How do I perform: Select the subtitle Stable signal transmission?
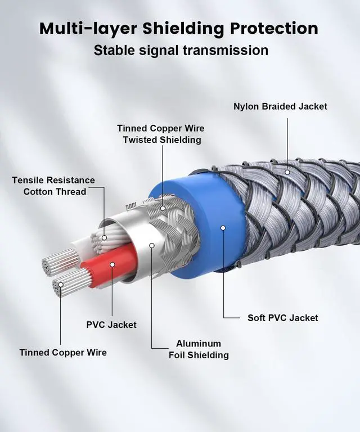(181, 50)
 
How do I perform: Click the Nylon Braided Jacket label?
(280, 106)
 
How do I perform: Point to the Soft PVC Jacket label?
(283, 318)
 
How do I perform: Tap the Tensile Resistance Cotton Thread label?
(54, 186)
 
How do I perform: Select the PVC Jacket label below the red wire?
(111, 325)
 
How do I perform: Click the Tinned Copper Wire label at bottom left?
(63, 352)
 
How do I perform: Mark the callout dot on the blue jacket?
(223, 228)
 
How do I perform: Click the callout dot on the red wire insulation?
(111, 264)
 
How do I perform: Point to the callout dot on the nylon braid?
(287, 172)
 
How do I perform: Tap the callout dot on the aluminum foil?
(151, 245)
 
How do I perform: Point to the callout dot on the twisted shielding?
(163, 208)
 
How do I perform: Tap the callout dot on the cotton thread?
(104, 238)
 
